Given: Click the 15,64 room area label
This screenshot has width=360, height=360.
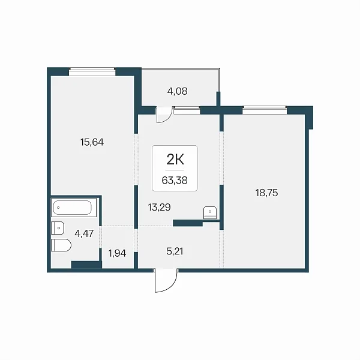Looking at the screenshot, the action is (x=92, y=142).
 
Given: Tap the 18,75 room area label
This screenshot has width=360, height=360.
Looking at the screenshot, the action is (x=266, y=193).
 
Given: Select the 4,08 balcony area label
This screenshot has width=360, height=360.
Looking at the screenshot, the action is (x=177, y=91).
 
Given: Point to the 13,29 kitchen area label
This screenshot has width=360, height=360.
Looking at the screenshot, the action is (x=160, y=208).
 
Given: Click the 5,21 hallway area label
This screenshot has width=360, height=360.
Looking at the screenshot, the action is (x=175, y=251).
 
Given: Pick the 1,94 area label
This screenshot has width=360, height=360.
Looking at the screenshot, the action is (x=117, y=253).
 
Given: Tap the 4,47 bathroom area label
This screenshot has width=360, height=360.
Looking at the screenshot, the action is (x=84, y=234).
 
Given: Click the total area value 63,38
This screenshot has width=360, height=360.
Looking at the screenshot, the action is (x=175, y=181).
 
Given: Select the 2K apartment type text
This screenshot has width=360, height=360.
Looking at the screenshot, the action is (x=175, y=160).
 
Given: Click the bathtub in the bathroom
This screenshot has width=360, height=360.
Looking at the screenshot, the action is (x=74, y=208).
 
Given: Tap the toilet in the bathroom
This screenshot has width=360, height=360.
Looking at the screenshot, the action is (x=61, y=245).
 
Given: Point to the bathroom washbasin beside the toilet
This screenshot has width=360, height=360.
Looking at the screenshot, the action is (x=58, y=228).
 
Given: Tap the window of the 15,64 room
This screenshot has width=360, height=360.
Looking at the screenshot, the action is (x=92, y=71).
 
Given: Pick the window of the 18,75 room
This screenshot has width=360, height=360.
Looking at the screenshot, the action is (x=265, y=110).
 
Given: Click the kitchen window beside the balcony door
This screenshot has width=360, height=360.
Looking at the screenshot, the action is (x=187, y=110).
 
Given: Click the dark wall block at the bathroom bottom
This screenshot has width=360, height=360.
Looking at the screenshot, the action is (x=86, y=265).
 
